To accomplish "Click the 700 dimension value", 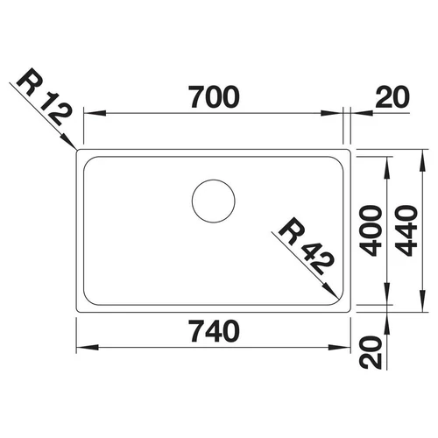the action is pyautogui.click(x=214, y=96).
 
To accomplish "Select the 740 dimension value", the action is pyautogui.click(x=214, y=331).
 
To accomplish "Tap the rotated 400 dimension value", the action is pyautogui.click(x=371, y=230).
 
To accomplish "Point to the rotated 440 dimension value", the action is pyautogui.click(x=406, y=230).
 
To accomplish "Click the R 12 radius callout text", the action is pyautogui.click(x=45, y=97).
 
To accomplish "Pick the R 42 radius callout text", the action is pyautogui.click(x=306, y=246).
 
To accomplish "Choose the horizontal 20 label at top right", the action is pyautogui.click(x=392, y=96).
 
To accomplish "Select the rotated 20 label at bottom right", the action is pyautogui.click(x=371, y=352).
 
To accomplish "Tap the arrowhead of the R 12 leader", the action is pyautogui.click(x=69, y=141).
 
